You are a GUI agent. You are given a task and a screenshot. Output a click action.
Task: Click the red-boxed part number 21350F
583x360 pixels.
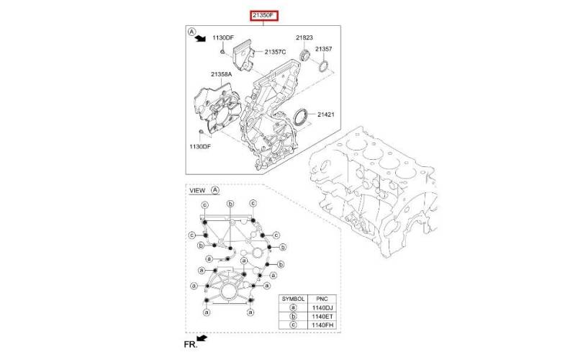tap(263, 16)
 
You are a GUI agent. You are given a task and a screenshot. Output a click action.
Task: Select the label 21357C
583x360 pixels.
tap(275, 52)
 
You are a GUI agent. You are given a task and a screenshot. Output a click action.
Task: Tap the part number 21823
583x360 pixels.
tap(304, 37)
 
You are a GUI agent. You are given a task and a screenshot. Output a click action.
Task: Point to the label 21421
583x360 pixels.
tap(326, 114)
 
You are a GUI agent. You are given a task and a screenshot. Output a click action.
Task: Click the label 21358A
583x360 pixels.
tap(221, 74)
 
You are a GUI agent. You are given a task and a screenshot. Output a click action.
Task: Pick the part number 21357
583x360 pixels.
tap(323, 49)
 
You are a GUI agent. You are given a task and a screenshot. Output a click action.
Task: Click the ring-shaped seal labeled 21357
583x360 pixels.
tap(323, 66)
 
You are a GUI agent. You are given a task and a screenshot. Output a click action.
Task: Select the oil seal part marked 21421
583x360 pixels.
tap(301, 117)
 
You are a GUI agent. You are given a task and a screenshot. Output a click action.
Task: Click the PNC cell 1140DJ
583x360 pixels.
tap(322, 307)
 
